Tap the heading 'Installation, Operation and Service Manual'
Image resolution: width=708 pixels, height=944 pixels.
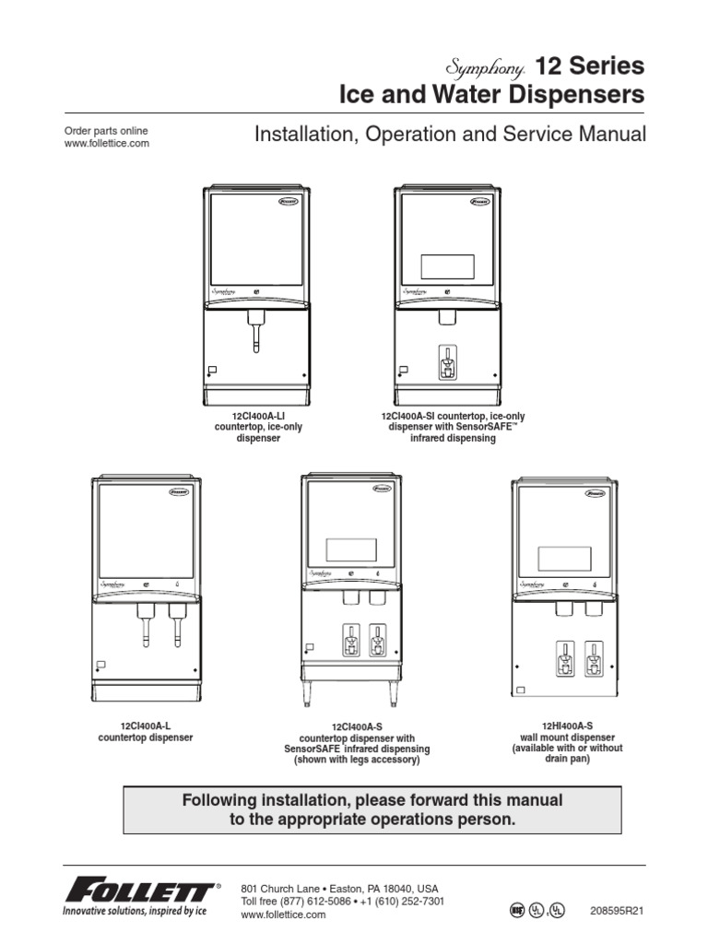[x=449, y=135]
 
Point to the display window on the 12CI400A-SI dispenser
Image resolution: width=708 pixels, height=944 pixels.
[x=447, y=266]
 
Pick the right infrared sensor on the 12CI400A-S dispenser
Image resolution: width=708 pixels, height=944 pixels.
[x=376, y=641]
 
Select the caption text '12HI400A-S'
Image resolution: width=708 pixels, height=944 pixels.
[x=567, y=726]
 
